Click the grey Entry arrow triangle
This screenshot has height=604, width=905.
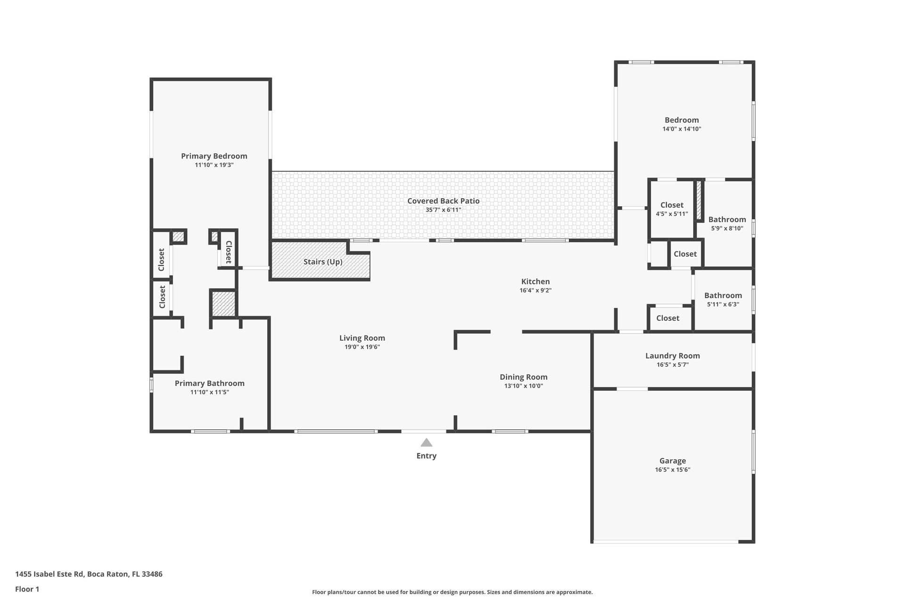click(427, 443)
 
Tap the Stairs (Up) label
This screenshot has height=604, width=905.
click(323, 262)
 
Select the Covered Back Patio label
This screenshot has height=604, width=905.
click(444, 201)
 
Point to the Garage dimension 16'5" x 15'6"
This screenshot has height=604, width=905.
click(673, 470)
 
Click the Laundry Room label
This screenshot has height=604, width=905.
click(673, 356)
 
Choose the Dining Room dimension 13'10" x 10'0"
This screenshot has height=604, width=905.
click(524, 386)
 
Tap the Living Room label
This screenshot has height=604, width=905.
click(362, 338)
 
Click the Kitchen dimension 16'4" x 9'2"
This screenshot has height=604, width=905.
click(535, 290)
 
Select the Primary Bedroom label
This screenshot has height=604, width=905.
click(214, 156)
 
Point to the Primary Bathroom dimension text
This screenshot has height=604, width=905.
click(210, 392)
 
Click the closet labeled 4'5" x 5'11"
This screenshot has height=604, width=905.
click(672, 205)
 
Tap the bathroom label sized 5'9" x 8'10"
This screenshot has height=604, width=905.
click(727, 219)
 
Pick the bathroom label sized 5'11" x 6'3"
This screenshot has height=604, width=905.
click(723, 295)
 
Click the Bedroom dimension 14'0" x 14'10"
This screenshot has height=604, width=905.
click(682, 129)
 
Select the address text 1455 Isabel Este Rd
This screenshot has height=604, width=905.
click(49, 574)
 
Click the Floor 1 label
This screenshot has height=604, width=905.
click(27, 589)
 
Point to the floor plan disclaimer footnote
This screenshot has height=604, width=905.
click(452, 592)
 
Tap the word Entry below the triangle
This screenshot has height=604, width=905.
click(427, 456)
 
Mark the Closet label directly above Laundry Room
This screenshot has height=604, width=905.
click(668, 318)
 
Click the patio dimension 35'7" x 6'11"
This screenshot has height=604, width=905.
click(444, 210)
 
